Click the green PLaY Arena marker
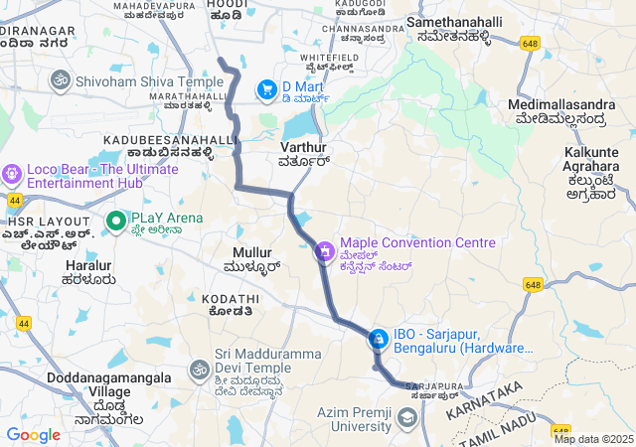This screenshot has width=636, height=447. click(115, 219)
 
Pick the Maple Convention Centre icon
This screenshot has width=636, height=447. click(324, 251)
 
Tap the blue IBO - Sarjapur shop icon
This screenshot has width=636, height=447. click(378, 340)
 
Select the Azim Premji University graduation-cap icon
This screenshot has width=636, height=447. click(405, 419)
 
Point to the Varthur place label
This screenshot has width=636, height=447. click(304, 147)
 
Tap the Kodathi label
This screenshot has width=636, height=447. click(227, 298)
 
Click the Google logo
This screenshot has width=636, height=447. click(33, 435)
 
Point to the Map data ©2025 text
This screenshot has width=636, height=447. click(593, 439)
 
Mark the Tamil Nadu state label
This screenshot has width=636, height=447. click(498, 425)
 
